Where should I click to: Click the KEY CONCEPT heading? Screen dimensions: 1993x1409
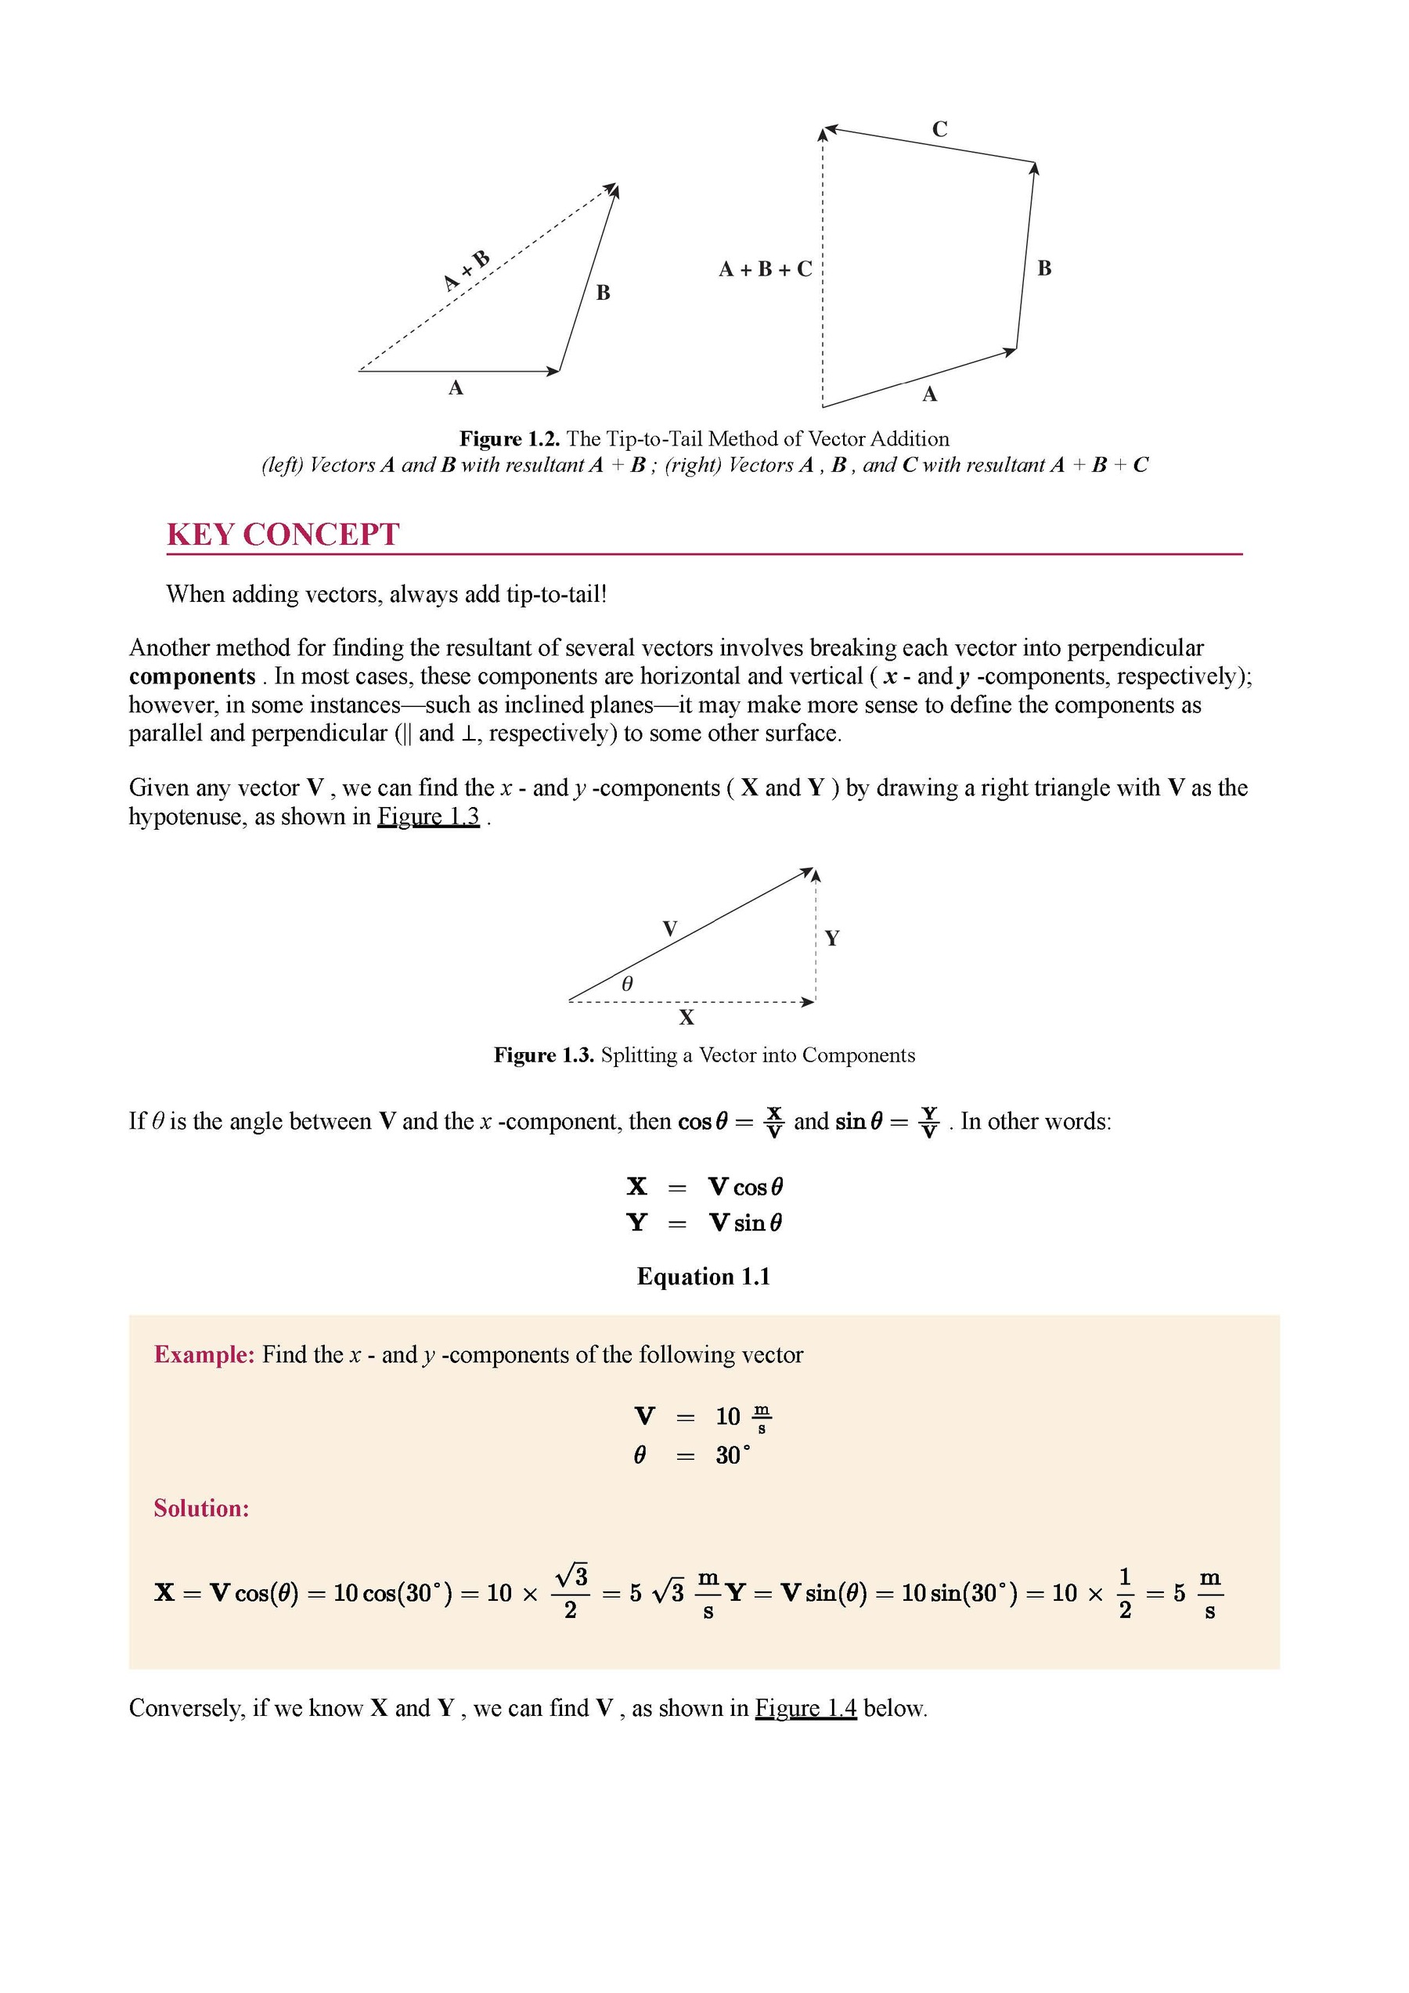point(283,534)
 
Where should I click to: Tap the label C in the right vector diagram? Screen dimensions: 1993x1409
point(939,129)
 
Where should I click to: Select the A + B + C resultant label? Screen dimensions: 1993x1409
point(765,269)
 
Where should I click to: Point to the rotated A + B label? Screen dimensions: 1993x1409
point(467,270)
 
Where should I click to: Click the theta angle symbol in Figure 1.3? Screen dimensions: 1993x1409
point(628,983)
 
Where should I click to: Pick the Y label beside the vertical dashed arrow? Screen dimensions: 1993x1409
point(831,939)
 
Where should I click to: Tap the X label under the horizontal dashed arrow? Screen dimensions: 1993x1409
point(686,1018)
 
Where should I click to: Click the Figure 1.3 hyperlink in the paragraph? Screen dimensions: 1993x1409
point(428,816)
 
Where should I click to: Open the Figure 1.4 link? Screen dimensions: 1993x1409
point(805,1708)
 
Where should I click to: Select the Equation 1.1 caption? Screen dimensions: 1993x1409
point(703,1276)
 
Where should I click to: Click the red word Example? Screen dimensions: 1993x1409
point(204,1355)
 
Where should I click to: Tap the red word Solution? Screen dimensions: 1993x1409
point(201,1508)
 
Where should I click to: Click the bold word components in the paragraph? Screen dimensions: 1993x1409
point(192,676)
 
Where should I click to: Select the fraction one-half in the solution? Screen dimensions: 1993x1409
point(1125,1593)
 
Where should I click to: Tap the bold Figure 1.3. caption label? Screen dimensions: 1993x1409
point(544,1054)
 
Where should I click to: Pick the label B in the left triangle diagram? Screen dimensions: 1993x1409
point(604,293)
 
